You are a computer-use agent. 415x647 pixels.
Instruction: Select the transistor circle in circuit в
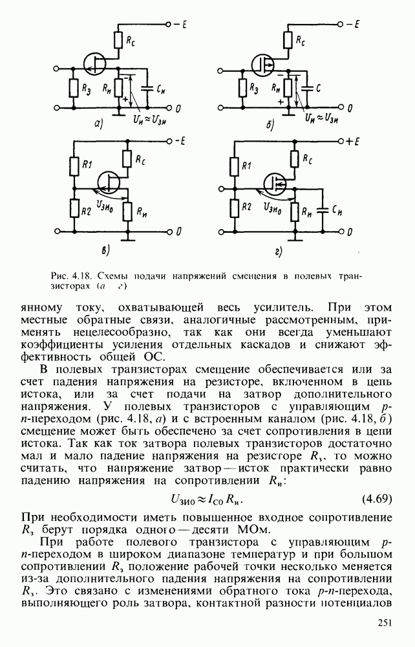(x=109, y=182)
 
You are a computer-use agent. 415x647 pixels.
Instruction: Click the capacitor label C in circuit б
(x=312, y=85)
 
